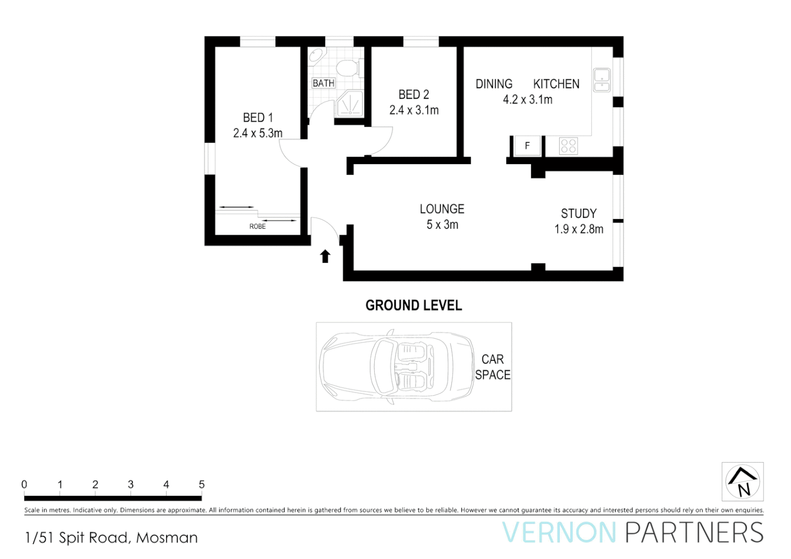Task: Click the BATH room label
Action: (324, 83)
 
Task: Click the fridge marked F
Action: (527, 146)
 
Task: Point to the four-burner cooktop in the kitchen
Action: (568, 146)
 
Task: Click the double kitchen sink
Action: (602, 80)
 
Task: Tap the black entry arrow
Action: (325, 256)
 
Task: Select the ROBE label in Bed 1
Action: (257, 227)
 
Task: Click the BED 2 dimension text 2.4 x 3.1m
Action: (414, 110)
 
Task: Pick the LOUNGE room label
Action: (442, 209)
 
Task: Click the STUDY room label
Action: (579, 214)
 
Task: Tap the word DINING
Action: (494, 84)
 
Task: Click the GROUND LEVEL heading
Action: (414, 305)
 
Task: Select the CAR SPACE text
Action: (492, 367)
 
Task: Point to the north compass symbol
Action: (742, 482)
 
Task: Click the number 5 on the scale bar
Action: (202, 484)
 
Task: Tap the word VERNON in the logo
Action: (559, 533)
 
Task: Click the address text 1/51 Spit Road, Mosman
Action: (111, 538)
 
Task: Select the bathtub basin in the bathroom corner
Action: (316, 56)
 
